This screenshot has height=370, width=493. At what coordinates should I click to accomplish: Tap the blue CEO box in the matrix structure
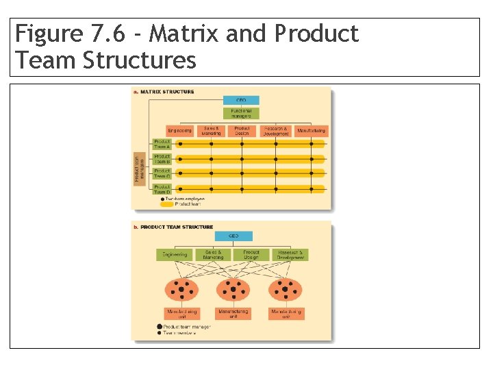[241, 100]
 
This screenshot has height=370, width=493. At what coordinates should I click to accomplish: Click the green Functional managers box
[241, 113]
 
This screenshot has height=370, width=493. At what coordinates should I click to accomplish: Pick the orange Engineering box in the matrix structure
[179, 131]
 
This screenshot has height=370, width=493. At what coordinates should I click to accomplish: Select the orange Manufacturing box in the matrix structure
[312, 131]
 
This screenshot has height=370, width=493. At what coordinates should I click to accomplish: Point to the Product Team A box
[162, 144]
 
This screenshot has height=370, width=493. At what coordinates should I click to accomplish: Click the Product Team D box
[162, 189]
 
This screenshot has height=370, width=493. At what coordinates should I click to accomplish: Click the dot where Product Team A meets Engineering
[179, 144]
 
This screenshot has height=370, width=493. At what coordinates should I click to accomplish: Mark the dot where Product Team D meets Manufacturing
[312, 189]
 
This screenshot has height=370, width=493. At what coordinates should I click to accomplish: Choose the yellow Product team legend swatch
[166, 204]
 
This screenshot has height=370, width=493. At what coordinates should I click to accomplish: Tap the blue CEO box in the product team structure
[233, 236]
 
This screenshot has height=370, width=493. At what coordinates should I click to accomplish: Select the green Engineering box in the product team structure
[175, 254]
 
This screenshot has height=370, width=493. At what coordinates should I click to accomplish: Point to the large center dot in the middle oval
[233, 290]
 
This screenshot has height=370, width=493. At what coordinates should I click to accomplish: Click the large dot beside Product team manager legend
[160, 327]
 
